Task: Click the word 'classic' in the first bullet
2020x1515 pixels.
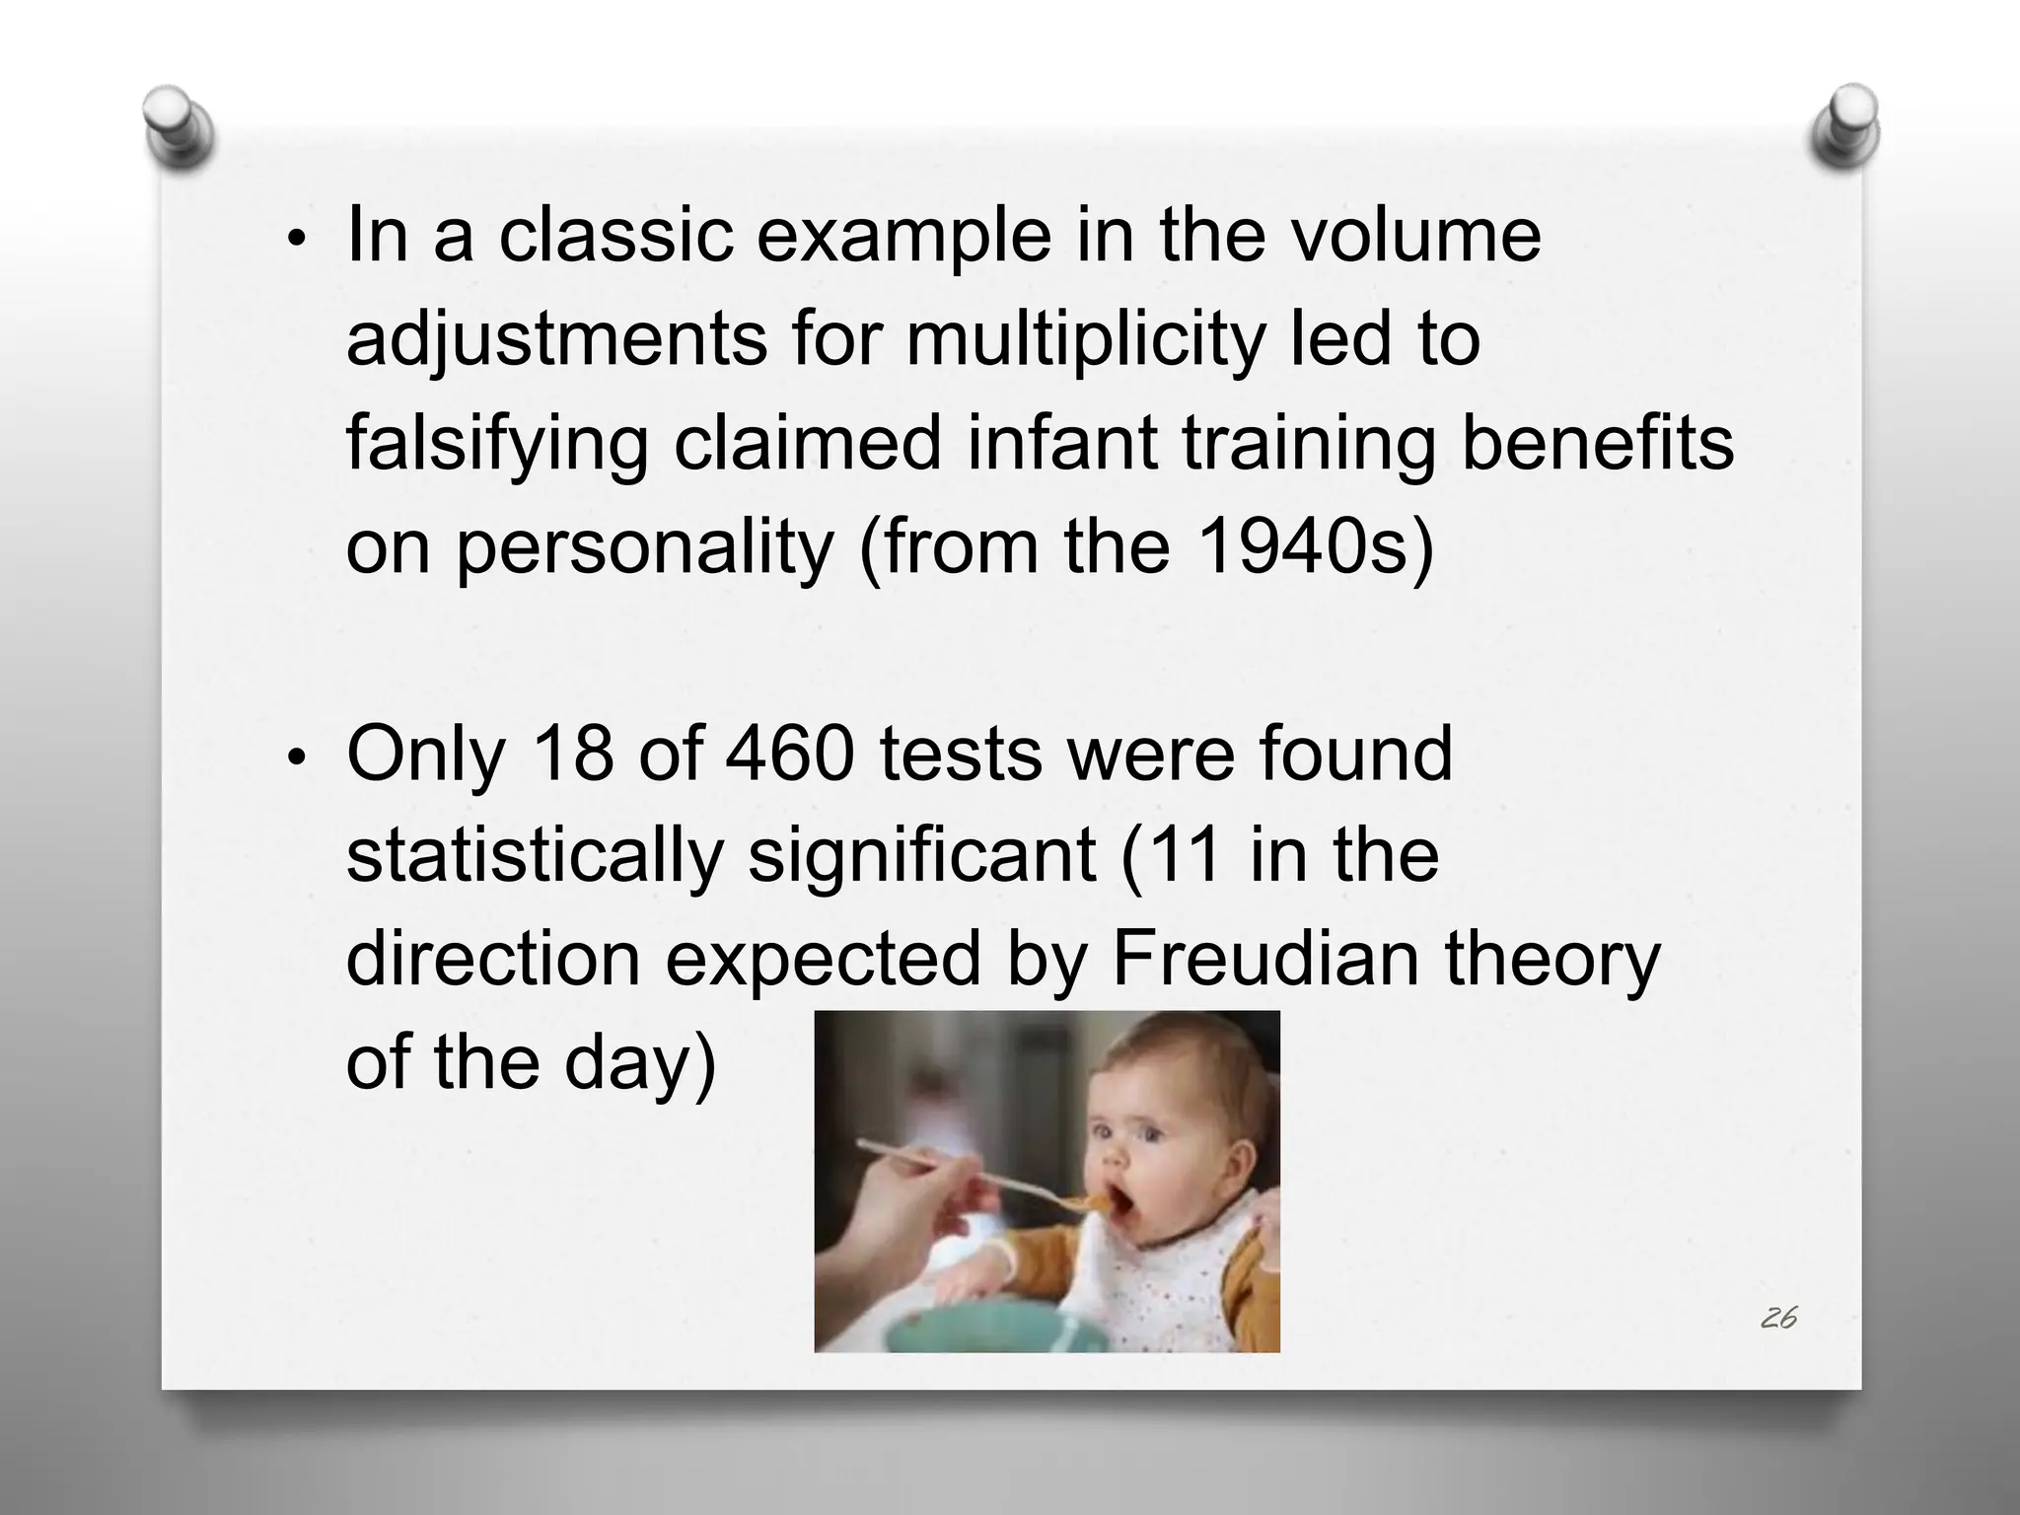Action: pyautogui.click(x=615, y=236)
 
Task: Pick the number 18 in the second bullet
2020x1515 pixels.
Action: pyautogui.click(x=571, y=754)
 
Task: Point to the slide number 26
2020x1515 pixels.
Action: pyautogui.click(x=1777, y=1318)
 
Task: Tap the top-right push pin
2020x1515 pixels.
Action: pyautogui.click(x=1845, y=129)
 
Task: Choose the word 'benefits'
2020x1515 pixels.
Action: pyautogui.click(x=1597, y=443)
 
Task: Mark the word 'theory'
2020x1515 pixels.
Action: pyautogui.click(x=1552, y=961)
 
